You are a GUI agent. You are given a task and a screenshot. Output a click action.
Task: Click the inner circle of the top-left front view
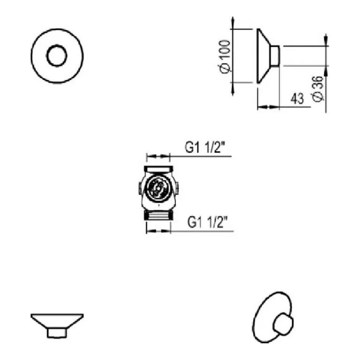57,56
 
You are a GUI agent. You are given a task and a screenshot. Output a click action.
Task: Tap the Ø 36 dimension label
317,88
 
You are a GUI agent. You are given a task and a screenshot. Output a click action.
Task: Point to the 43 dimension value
297,98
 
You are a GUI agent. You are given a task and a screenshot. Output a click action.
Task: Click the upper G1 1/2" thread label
205,149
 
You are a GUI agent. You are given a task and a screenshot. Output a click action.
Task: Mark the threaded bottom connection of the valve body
158,216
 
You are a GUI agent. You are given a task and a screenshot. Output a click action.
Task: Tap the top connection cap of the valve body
158,169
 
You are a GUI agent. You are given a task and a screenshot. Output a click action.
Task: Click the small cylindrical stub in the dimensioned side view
276,56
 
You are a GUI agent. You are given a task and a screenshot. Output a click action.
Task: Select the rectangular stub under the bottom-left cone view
57,332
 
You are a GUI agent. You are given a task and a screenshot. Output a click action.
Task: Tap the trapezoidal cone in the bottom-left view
57,321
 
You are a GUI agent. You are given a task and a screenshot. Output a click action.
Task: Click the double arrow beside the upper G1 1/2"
158,156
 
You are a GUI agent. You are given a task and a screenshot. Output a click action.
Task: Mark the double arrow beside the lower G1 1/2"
158,231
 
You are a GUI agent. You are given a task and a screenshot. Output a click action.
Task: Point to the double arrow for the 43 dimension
269,107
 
